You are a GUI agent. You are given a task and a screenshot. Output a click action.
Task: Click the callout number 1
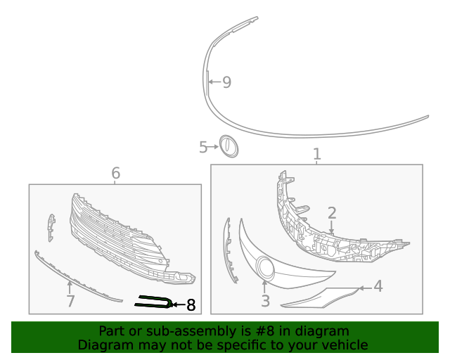(316, 154)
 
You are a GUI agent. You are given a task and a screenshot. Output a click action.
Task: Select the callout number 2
(332, 212)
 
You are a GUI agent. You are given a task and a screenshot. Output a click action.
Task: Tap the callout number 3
(265, 301)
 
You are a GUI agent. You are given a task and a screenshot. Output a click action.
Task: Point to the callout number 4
(378, 286)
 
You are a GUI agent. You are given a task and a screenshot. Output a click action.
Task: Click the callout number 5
(203, 147)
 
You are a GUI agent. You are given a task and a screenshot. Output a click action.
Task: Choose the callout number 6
(116, 173)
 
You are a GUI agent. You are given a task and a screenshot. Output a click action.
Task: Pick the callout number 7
(70, 302)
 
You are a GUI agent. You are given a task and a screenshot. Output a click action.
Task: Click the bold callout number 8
(191, 305)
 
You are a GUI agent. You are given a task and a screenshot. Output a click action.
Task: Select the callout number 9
(226, 82)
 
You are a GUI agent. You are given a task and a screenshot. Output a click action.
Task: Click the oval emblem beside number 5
(228, 146)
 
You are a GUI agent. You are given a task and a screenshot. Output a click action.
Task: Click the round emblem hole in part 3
(265, 268)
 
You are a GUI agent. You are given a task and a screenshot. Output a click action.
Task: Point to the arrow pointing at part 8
(176, 305)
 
